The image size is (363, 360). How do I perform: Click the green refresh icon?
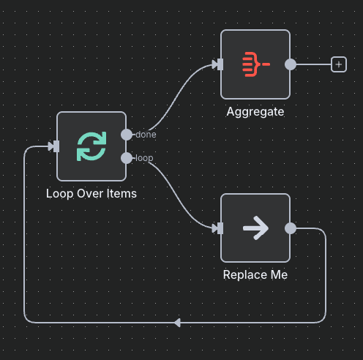pos(91,146)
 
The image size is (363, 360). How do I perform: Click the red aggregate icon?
pos(255,64)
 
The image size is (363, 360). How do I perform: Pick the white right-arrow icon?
pos(255,228)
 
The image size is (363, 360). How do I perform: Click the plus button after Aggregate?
pos(338,64)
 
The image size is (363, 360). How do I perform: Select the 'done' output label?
pos(146,135)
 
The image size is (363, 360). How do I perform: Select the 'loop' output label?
pos(144,158)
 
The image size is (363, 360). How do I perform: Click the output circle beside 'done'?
pos(127,135)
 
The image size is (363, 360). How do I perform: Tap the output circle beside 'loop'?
pos(127,158)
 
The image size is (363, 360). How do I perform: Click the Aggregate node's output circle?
pos(291,64)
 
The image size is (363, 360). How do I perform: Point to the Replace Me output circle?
pos(291,228)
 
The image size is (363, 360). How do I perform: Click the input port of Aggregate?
pos(220,64)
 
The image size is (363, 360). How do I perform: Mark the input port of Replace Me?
pos(220,228)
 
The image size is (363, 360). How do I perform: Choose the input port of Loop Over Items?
pos(56,146)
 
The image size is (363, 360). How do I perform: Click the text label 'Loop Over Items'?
pos(91,195)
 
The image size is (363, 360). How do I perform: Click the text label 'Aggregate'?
pos(255,112)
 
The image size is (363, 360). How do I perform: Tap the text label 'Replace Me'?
pos(255,276)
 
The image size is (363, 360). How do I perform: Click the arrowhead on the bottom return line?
pos(178,322)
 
